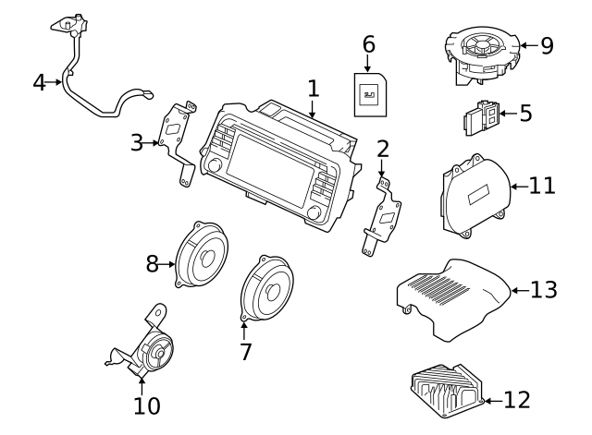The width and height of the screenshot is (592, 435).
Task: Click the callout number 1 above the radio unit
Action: click(313, 89)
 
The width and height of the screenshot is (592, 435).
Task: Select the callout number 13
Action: click(544, 290)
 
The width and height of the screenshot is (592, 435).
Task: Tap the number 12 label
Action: click(518, 400)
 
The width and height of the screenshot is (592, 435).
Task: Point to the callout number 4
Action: click(39, 82)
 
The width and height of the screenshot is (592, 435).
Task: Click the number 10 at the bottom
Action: click(147, 405)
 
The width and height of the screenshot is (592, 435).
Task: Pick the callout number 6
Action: click(368, 43)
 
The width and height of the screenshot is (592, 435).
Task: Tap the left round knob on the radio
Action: click(214, 167)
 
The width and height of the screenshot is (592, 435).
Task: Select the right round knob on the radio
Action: click(314, 214)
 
